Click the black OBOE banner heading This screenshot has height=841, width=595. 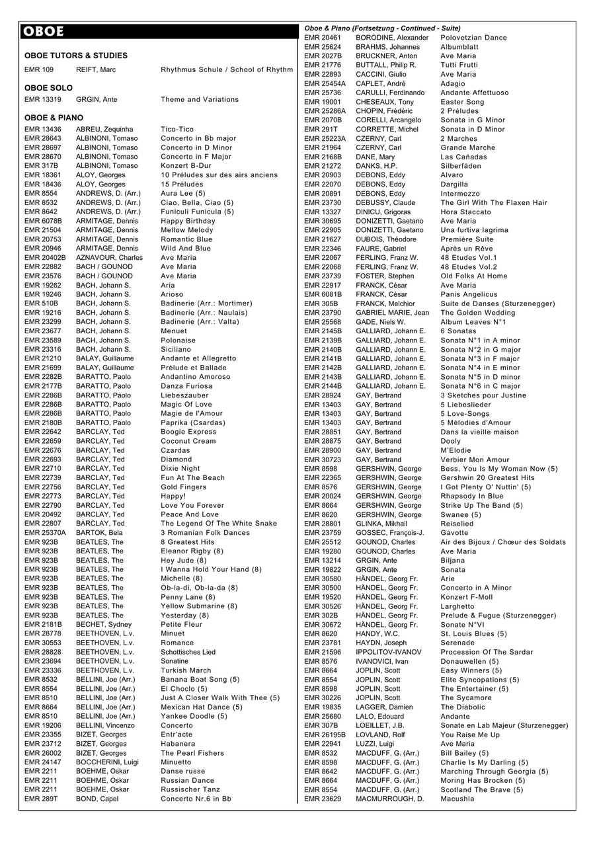(157, 31)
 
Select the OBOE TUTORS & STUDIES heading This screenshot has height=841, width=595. (76, 56)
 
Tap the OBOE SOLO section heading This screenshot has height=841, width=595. (48, 88)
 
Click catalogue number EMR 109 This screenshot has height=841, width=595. (39, 69)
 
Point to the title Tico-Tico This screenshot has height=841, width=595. (177, 130)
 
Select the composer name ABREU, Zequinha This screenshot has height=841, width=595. (104, 130)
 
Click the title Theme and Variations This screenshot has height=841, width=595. (200, 100)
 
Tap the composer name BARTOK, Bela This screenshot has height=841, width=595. (99, 533)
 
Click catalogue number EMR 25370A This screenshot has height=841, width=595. (45, 533)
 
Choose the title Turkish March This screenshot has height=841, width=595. (186, 670)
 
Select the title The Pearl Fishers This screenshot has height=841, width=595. (192, 753)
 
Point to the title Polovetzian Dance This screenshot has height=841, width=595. (473, 38)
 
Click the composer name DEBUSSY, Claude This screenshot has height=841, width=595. (385, 202)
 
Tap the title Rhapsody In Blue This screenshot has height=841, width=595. (471, 496)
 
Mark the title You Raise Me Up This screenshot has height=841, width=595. (470, 735)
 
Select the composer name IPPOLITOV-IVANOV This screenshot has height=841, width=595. (391, 652)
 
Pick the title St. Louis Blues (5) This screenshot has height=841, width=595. (473, 633)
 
